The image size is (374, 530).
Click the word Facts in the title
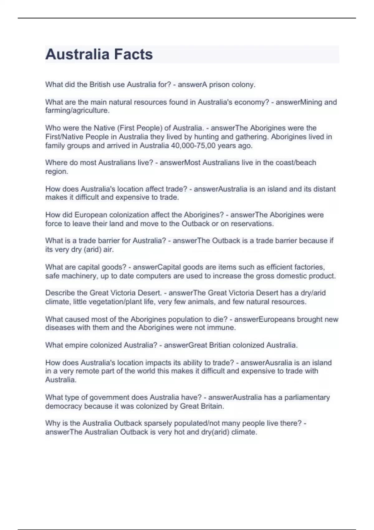[133, 54]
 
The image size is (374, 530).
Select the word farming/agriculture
[77, 110]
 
